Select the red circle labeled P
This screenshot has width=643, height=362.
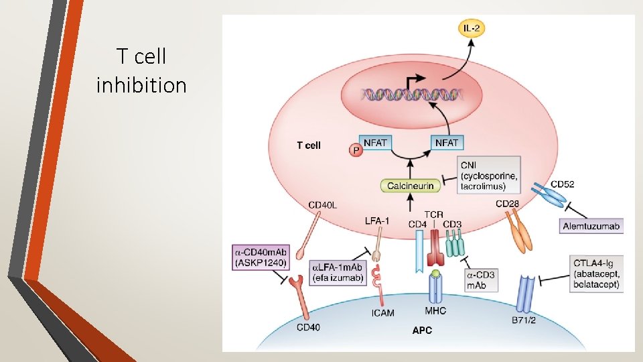click(x=355, y=151)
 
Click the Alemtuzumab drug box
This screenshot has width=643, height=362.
click(x=591, y=227)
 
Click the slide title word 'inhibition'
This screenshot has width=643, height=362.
click(x=141, y=86)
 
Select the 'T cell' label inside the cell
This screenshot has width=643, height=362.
click(x=309, y=145)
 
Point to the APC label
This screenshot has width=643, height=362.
click(x=421, y=330)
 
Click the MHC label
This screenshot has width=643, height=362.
click(x=435, y=311)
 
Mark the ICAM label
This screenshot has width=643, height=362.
click(x=382, y=312)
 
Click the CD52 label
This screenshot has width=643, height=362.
click(x=562, y=184)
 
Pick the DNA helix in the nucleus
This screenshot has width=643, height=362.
click(x=410, y=95)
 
